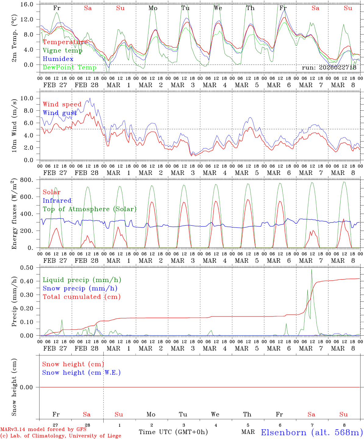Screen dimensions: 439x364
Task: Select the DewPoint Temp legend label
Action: coord(70,68)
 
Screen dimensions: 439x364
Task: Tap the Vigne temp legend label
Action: coord(62,51)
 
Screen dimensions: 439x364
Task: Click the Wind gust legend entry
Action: coord(60,113)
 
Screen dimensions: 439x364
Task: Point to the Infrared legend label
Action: coord(57,201)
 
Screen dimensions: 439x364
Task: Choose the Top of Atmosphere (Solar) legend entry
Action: coord(89,209)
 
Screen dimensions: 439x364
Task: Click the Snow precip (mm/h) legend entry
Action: coord(80,288)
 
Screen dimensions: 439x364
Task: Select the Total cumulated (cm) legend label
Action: coord(81,297)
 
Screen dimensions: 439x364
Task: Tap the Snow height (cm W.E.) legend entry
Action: coord(81,373)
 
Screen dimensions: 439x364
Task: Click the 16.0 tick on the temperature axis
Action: coord(27,5)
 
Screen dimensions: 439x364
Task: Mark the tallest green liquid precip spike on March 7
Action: coord(311,269)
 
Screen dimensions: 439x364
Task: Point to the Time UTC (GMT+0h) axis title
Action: coord(173,432)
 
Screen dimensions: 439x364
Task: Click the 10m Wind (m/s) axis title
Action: coord(14,125)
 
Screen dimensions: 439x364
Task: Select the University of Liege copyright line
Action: coord(61,436)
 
